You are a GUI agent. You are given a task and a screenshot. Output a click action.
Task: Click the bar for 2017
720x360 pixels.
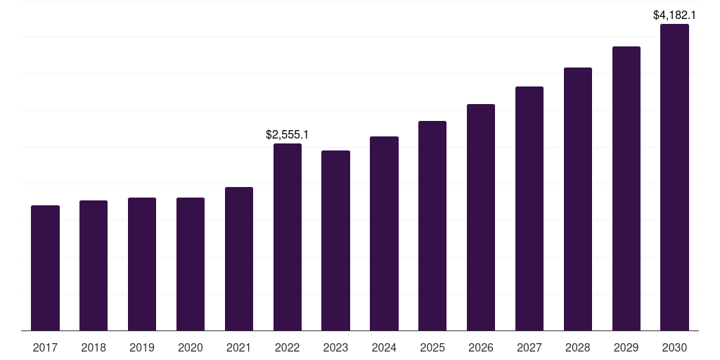[45, 268]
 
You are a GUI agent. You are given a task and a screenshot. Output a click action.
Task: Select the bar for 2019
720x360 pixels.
[142, 264]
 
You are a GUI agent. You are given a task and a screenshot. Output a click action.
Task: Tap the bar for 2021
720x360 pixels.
[239, 259]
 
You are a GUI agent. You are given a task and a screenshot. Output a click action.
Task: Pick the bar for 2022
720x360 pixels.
[288, 237]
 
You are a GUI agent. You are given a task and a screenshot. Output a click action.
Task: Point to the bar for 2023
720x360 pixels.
[335, 240]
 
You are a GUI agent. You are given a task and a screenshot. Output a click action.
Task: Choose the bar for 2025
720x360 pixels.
[432, 226]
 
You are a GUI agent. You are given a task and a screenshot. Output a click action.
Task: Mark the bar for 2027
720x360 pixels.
[529, 208]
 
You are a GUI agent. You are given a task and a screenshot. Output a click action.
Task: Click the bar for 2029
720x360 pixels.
[626, 188]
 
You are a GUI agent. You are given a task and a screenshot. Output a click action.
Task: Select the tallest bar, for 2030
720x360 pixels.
[674, 177]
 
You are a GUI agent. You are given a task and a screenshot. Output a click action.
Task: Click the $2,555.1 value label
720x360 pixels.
[288, 134]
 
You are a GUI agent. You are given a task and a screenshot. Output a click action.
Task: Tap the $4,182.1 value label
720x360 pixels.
[674, 15]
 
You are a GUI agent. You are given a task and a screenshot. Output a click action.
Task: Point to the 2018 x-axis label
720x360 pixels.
[94, 347]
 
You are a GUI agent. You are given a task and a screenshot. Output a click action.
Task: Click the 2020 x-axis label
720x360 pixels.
[191, 347]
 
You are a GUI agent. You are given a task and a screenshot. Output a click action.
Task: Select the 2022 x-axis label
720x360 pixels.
[288, 347]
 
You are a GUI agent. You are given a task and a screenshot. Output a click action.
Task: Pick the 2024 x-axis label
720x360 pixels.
[384, 347]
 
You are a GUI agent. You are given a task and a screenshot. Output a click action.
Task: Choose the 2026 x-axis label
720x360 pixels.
[481, 347]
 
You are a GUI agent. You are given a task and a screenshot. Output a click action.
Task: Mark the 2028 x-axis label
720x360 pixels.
[578, 347]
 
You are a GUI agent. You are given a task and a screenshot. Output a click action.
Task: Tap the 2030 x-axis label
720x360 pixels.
[674, 347]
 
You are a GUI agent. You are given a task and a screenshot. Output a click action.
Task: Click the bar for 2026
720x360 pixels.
[481, 217]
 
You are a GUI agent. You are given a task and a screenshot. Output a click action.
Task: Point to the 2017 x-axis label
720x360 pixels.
[45, 347]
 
